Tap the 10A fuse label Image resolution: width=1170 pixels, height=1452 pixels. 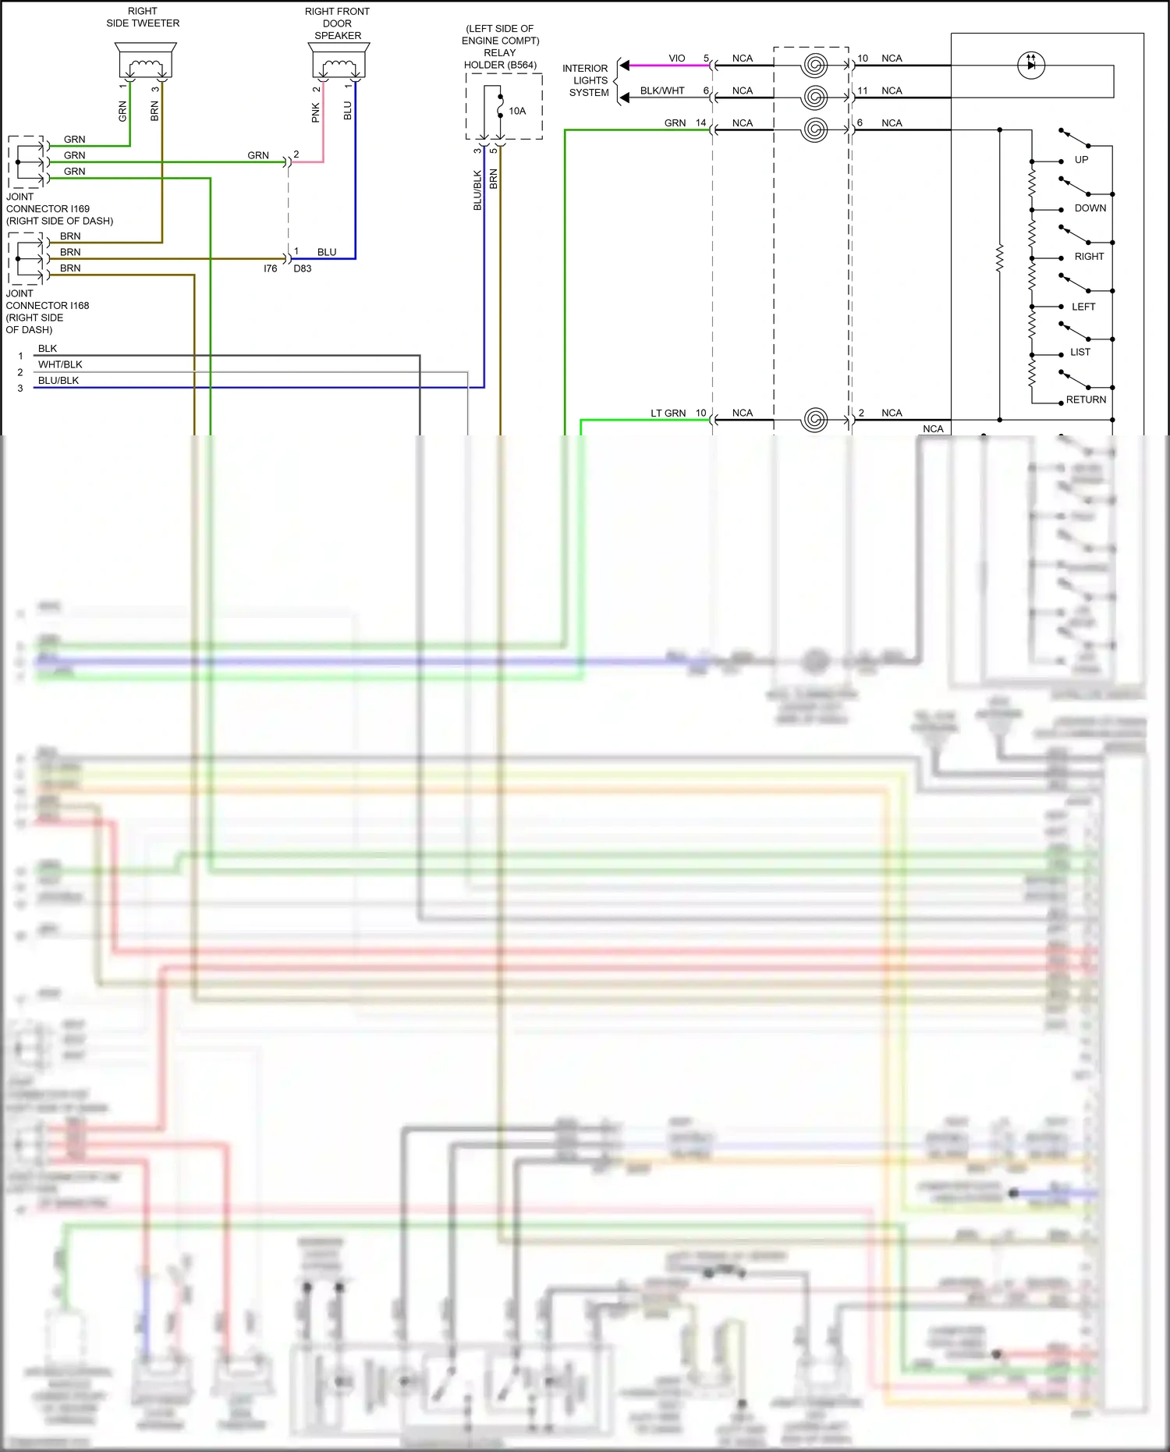(517, 111)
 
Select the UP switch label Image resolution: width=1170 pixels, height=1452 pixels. (1081, 160)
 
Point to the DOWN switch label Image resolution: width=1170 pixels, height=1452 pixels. (1090, 208)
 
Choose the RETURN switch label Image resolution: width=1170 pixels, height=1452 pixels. (1086, 399)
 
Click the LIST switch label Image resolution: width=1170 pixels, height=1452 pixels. (1080, 352)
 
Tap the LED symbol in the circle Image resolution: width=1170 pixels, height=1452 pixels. (1031, 65)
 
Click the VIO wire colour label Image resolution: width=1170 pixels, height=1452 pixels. (676, 59)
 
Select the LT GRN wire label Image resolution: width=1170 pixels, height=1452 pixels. (668, 414)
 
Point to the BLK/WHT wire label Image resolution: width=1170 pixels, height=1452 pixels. (662, 91)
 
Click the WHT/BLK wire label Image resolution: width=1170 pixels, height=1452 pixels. (60, 364)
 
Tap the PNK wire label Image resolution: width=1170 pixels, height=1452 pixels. (316, 113)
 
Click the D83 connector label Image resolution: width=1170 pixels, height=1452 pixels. (303, 268)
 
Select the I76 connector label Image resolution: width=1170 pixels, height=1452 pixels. (270, 268)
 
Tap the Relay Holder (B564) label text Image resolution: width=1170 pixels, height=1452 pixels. (500, 47)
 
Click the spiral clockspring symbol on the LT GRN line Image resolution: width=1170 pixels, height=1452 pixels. (814, 420)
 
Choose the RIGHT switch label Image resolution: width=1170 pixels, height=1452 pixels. (1089, 257)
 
